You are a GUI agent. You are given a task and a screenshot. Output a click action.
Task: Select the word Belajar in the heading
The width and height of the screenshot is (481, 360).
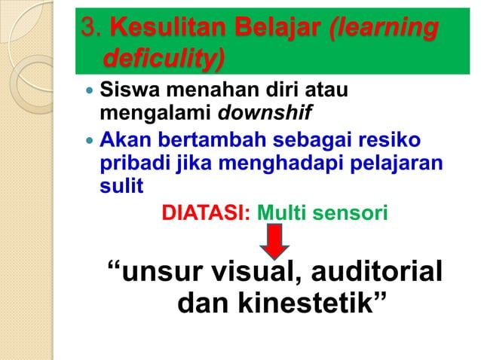(290, 29)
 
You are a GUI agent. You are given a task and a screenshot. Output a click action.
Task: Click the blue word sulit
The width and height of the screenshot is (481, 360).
(121, 186)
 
